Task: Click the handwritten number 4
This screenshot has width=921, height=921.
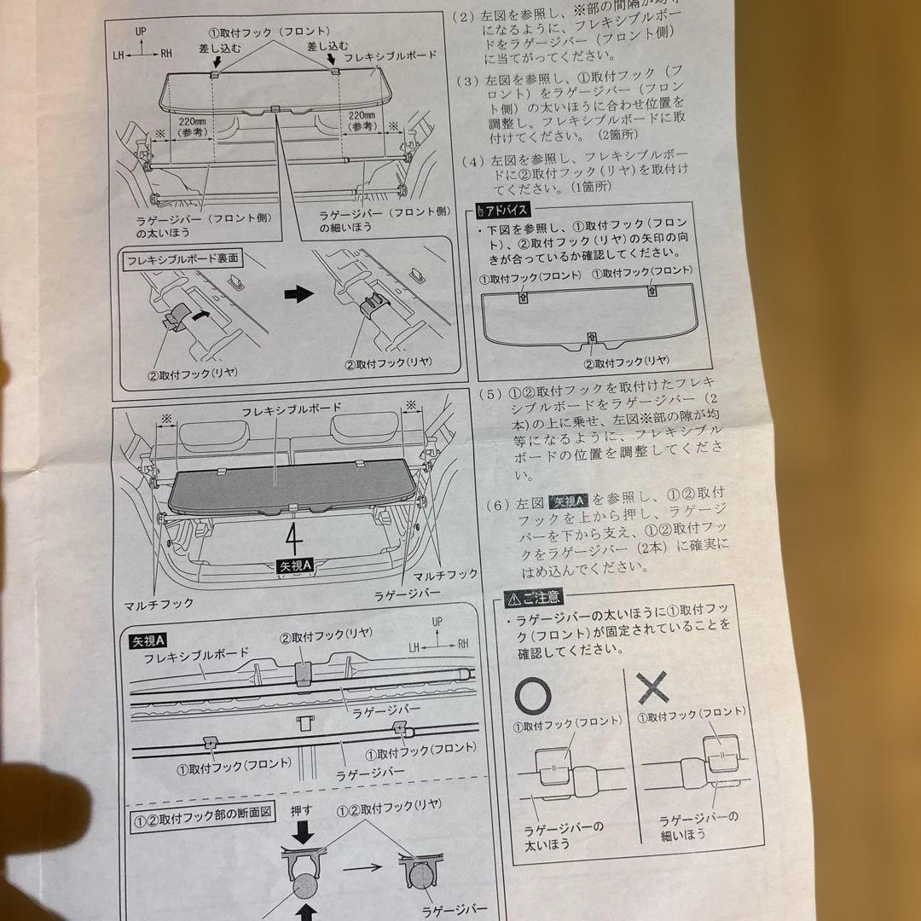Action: coord(293,539)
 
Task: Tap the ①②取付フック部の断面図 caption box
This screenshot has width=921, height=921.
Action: coord(202,813)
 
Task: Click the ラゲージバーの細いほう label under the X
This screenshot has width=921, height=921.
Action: coord(699,825)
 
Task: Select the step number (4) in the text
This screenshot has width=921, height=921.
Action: coord(472,160)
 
